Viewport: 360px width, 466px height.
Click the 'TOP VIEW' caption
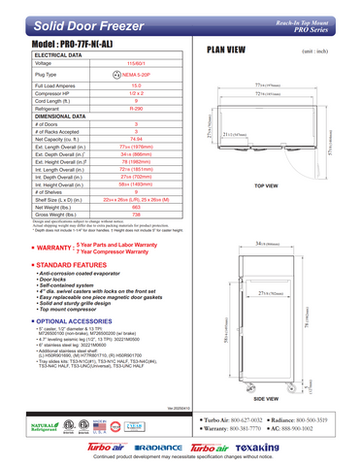coord(266,184)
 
